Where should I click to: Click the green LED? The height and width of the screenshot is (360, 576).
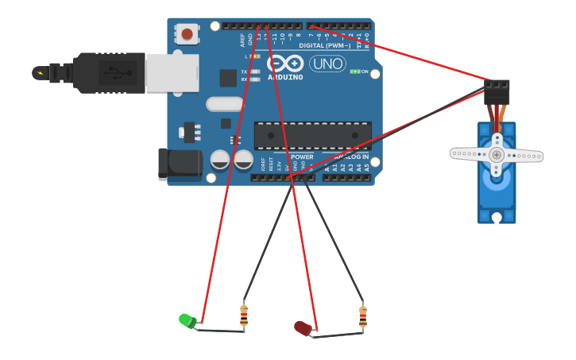(187, 320)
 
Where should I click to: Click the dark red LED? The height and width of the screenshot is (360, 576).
(303, 327)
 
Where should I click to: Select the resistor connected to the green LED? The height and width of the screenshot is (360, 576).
(244, 315)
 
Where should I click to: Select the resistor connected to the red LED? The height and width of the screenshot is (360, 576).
(363, 316)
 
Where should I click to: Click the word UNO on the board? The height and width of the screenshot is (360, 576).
(327, 64)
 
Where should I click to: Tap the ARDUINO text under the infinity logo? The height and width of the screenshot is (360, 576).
(285, 77)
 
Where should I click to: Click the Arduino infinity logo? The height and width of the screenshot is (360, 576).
(285, 64)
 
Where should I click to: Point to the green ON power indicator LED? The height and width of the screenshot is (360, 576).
(354, 72)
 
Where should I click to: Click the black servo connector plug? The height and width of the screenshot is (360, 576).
(497, 91)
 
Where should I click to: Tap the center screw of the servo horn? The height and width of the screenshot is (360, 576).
(497, 153)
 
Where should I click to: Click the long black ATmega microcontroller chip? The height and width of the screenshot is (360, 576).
(312, 136)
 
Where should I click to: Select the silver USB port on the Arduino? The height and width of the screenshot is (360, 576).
(172, 72)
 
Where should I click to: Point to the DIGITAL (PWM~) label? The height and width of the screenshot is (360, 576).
(324, 46)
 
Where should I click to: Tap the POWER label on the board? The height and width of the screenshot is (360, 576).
(303, 157)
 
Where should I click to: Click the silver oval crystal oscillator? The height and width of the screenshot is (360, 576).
(224, 104)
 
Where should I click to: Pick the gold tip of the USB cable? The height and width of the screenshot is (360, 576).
(39, 73)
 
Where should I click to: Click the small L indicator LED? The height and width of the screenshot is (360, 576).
(255, 56)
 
